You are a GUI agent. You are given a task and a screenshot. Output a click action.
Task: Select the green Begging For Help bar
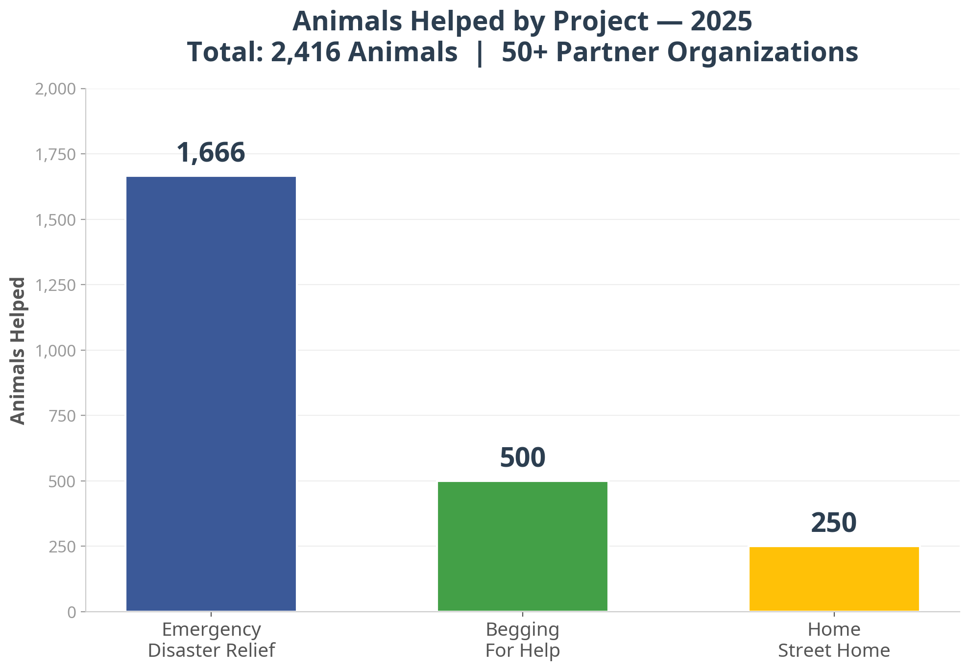coord(522,546)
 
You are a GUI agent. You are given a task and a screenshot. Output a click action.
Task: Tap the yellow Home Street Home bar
coord(834,579)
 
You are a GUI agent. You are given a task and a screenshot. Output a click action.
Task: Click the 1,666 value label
coord(211,152)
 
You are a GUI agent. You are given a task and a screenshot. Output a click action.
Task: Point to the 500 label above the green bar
coord(522,457)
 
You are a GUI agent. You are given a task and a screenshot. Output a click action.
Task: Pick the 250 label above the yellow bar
coord(834,523)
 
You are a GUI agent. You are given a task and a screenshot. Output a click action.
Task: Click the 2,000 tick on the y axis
coord(56,89)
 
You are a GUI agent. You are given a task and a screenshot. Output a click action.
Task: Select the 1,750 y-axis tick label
coord(56,155)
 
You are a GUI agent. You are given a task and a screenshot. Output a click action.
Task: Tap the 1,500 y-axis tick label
coord(56,220)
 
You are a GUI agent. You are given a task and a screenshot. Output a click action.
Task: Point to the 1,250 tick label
coord(56,285)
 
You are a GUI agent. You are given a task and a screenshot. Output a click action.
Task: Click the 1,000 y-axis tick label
coord(56,351)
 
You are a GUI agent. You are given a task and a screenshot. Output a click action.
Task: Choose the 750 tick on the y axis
coord(62,416)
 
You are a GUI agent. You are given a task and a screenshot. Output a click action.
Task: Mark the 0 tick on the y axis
coord(72,612)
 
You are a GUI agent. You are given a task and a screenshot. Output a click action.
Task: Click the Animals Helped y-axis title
coord(18,351)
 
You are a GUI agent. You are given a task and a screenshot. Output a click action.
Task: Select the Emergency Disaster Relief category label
coord(211,640)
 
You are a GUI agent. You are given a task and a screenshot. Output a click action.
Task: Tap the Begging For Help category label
coord(522,640)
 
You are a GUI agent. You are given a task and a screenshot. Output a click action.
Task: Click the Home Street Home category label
coord(834,640)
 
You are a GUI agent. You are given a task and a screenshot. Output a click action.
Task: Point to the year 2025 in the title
coord(721,22)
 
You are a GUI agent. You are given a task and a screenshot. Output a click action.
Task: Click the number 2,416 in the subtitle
coord(305,52)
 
